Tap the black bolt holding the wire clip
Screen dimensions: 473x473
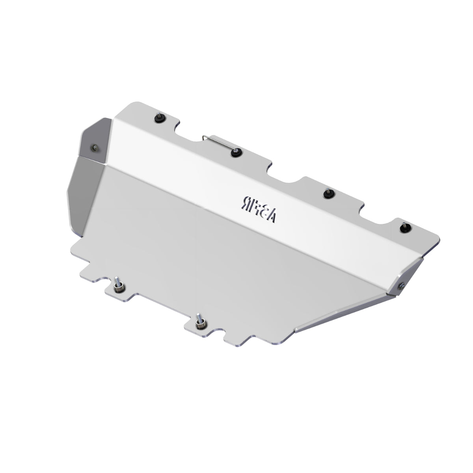click(x=236, y=153)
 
